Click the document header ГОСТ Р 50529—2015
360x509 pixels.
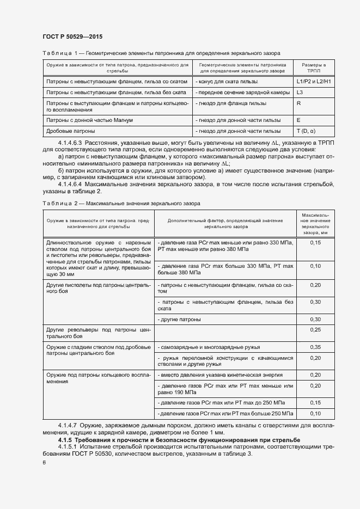[x=72, y=36]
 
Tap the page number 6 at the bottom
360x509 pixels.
[x=44, y=462]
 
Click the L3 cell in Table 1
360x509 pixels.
[x=300, y=93]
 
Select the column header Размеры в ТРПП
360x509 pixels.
[x=314, y=68]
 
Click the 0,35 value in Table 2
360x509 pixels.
[x=315, y=347]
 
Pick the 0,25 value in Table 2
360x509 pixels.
[x=315, y=330]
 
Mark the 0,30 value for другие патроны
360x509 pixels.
[x=315, y=319]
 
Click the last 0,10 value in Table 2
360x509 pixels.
[x=315, y=413]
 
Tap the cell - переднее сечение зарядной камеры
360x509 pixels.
[x=237, y=93]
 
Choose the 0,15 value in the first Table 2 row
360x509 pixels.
[x=315, y=242]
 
